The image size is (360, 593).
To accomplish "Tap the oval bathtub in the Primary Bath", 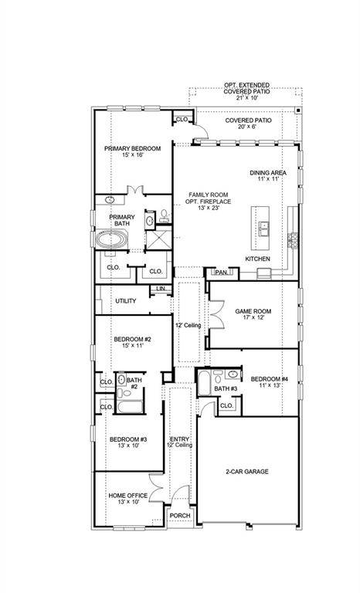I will (113, 240).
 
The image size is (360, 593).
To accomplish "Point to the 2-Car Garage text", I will (247, 471).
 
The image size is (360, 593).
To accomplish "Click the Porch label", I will (180, 516).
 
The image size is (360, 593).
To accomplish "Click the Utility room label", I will (125, 300).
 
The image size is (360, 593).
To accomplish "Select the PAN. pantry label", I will (220, 273).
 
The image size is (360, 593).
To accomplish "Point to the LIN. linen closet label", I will (161, 289).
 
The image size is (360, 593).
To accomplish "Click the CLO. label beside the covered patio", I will (182, 119).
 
